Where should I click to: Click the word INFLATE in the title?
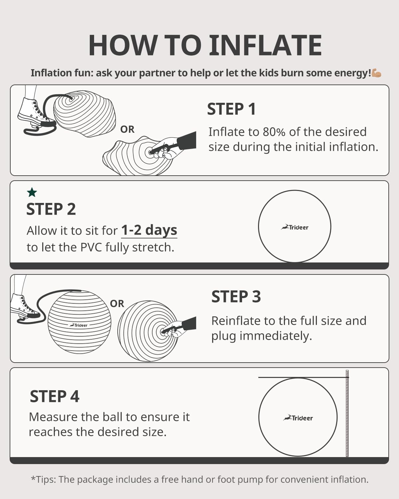tap(265, 45)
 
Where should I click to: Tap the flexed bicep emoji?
tap(376, 73)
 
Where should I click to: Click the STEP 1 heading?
tap(231, 109)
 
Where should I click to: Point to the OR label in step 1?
tap(127, 129)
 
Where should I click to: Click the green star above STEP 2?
tap(32, 192)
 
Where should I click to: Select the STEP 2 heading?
tap(51, 209)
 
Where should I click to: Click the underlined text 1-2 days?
tap(149, 230)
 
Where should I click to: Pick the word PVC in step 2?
tap(91, 248)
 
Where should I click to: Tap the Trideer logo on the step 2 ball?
tap(295, 227)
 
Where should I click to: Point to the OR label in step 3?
tap(117, 304)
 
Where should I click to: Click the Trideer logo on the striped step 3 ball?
tap(78, 325)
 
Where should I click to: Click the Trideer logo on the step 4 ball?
tap(298, 418)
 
